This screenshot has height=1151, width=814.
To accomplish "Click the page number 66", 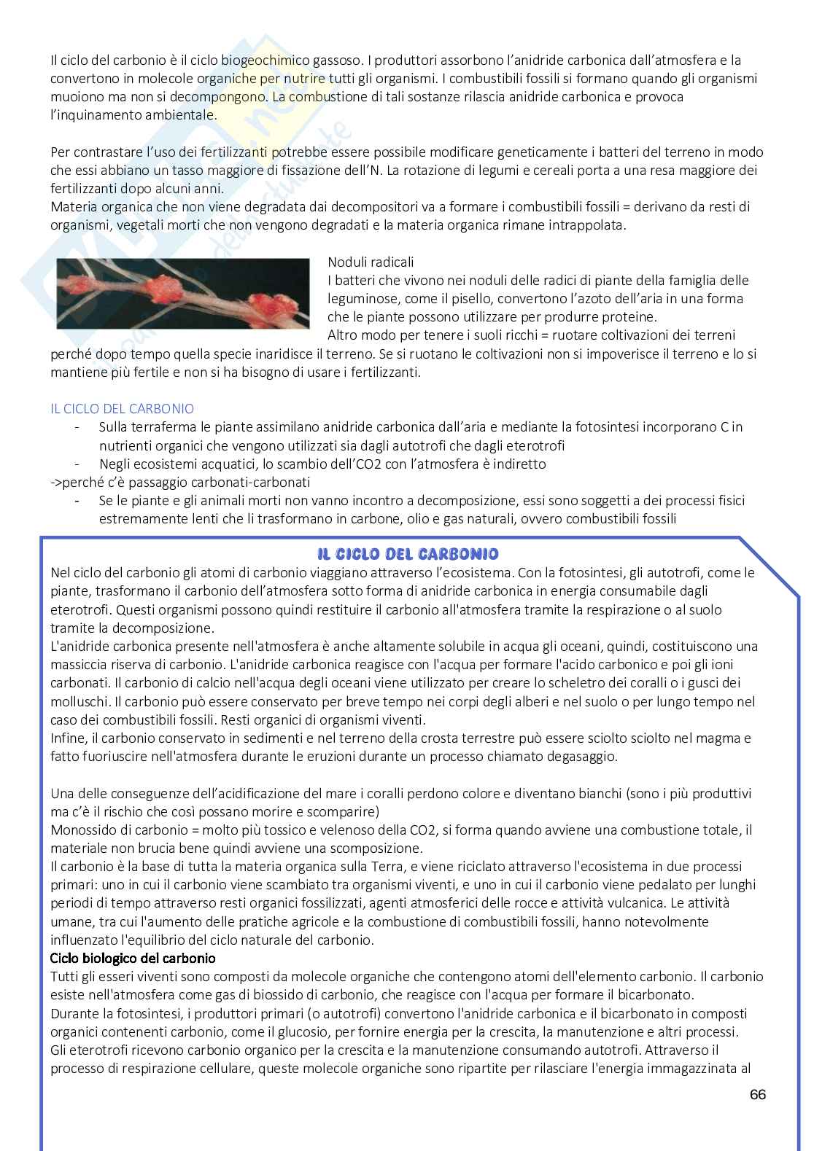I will pyautogui.click(x=757, y=1095).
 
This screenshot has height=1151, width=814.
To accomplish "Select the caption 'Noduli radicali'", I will pyautogui.click(x=371, y=262).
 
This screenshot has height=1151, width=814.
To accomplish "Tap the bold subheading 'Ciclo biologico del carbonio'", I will pyautogui.click(x=133, y=958).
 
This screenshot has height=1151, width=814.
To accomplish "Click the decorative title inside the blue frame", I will pyautogui.click(x=408, y=554).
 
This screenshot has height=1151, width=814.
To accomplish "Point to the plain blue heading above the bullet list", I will pyautogui.click(x=122, y=409).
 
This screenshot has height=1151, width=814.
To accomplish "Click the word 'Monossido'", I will pyautogui.click(x=82, y=830).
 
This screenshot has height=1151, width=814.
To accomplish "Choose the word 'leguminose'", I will pyautogui.click(x=361, y=298).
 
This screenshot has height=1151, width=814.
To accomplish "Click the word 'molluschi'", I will pyautogui.click(x=79, y=701).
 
